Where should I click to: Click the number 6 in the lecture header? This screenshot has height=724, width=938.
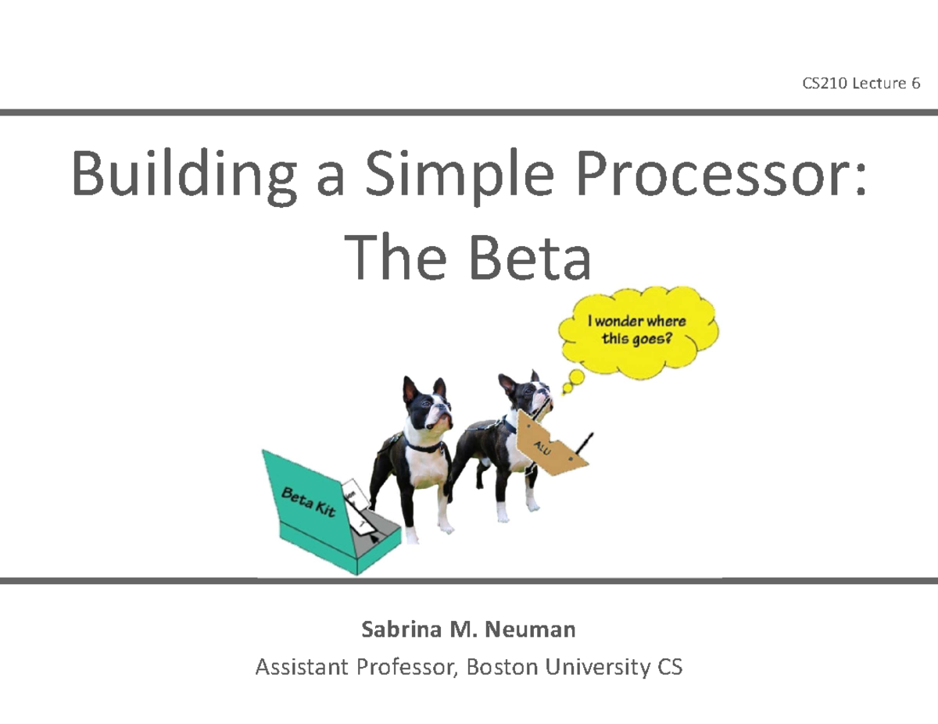point(915,84)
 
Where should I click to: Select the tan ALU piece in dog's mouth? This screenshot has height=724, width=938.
point(551,445)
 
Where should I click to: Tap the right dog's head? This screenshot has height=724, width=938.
point(525,396)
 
